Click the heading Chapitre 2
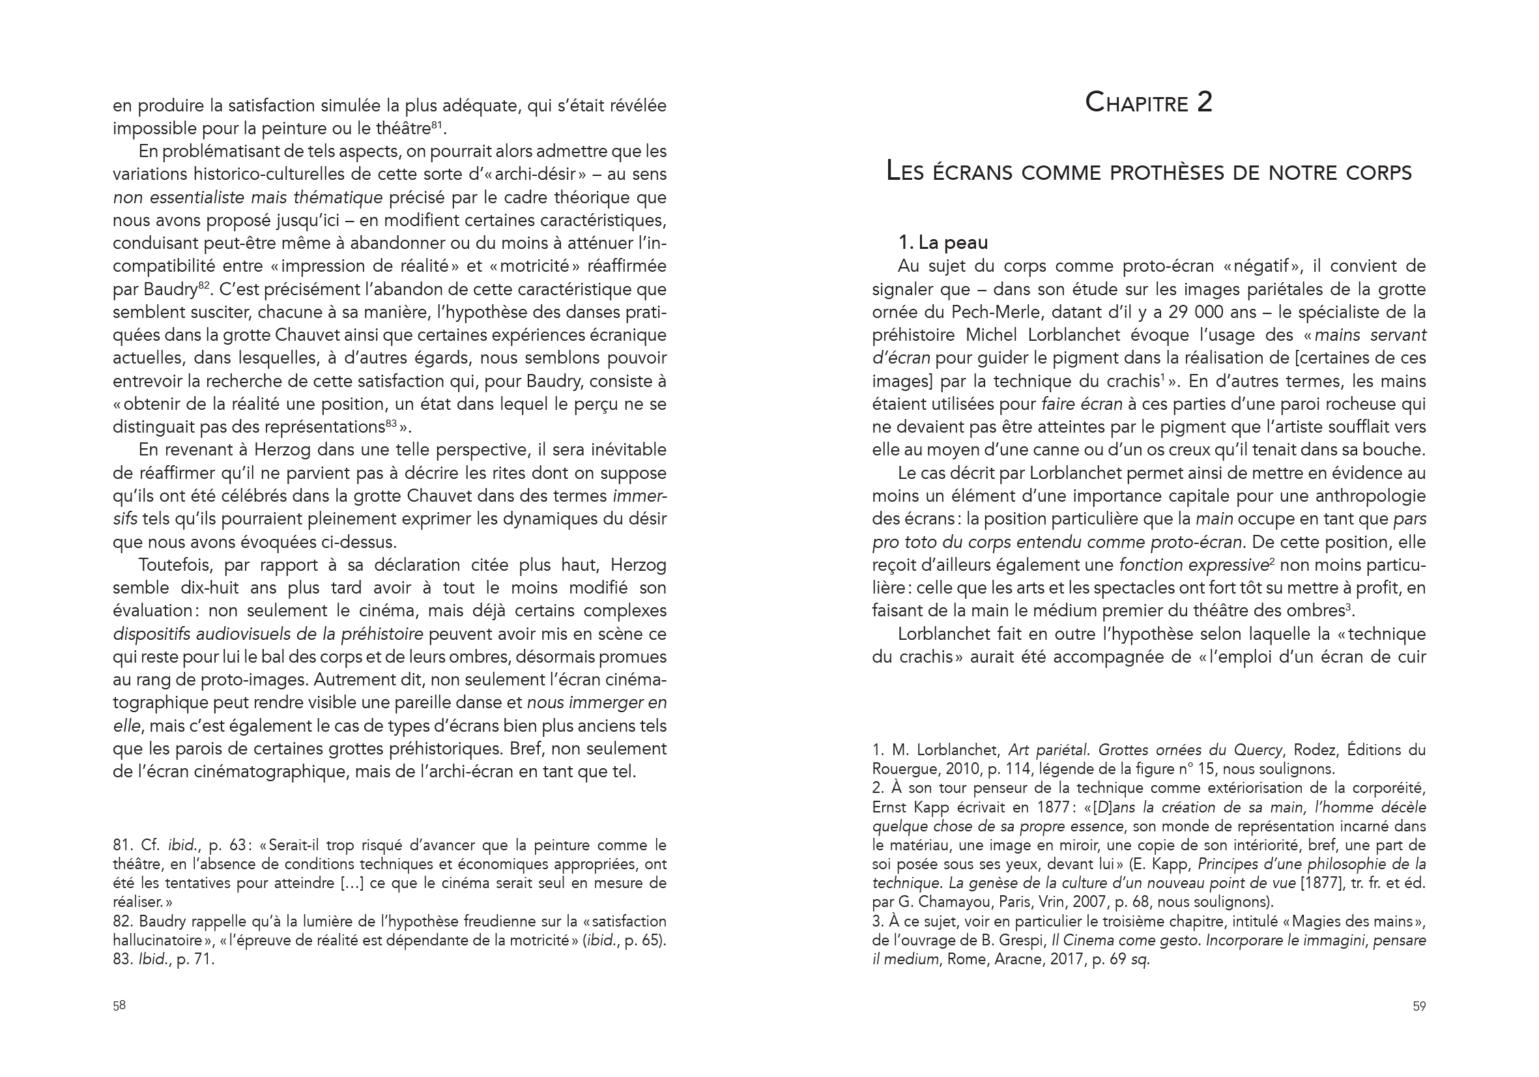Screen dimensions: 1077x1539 (1148, 102)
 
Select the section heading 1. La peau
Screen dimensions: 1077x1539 (942, 242)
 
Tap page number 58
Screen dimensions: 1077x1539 (119, 1005)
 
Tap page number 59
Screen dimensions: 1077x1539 (1419, 1006)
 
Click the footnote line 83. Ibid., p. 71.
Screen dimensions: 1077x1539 (164, 959)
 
